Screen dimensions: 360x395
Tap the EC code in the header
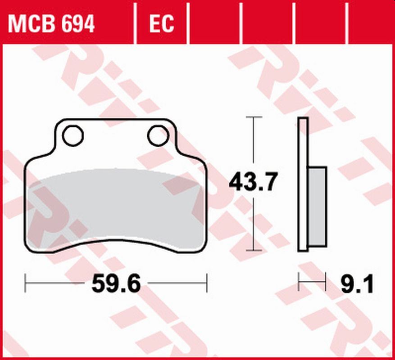161,24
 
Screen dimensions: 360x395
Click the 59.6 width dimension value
116,283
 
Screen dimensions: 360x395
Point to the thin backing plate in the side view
303,184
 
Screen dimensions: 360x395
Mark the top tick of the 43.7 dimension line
254,117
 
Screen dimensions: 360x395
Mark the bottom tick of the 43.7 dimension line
254,251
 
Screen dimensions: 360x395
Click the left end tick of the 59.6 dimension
26,283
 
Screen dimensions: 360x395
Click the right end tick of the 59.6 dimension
207,283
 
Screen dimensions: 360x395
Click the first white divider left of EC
136,22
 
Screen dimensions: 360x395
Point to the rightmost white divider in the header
348,22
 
